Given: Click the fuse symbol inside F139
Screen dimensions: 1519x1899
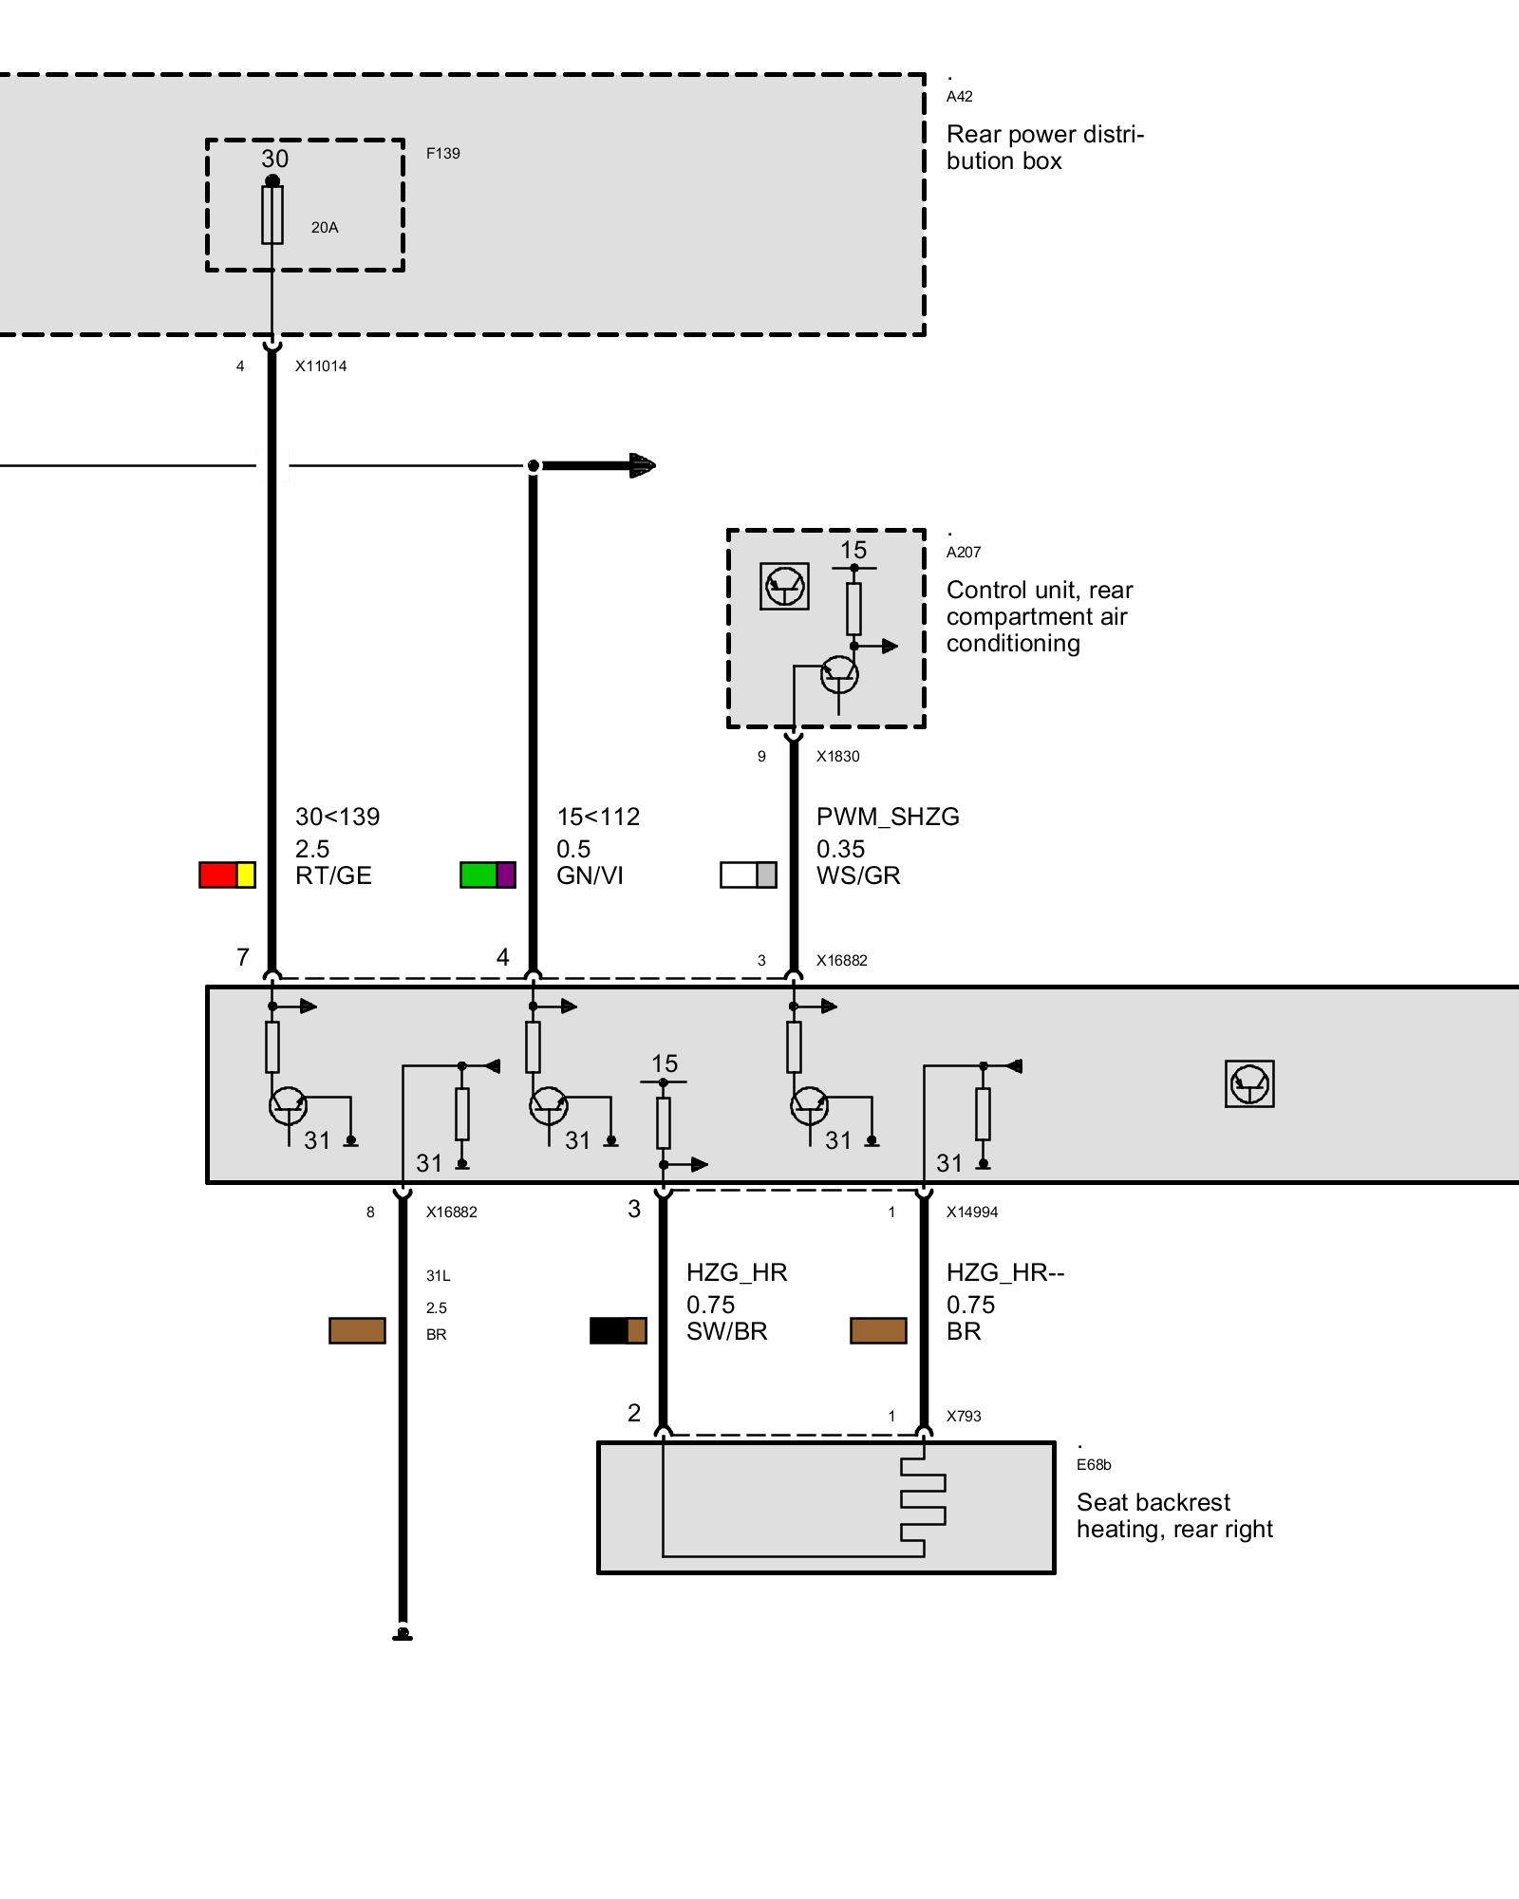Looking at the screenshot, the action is tap(272, 214).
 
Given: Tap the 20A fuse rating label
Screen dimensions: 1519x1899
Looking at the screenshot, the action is tap(325, 228).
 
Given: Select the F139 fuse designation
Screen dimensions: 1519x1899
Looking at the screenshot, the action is tap(442, 153).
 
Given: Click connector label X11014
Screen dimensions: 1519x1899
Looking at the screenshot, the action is tap(321, 367).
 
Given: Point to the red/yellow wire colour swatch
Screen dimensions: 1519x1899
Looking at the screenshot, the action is tap(227, 874).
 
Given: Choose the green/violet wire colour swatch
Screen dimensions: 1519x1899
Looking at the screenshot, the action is tap(488, 874).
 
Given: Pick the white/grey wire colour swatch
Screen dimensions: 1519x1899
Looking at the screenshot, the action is tap(748, 874).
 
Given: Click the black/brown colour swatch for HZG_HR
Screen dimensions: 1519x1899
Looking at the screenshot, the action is tap(618, 1330).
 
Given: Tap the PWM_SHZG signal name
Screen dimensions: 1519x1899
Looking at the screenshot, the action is tap(888, 817).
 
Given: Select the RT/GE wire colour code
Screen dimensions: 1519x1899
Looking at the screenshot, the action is tap(333, 875).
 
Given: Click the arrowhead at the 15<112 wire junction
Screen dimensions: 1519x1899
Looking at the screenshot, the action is tap(643, 465).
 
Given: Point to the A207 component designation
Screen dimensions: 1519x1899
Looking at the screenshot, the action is tap(964, 553).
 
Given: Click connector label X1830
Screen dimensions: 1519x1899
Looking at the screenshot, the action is tap(837, 757).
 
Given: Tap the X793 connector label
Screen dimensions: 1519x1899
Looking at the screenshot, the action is tap(964, 1417).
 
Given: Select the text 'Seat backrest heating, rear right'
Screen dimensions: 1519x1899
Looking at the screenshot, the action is tap(1174, 1515).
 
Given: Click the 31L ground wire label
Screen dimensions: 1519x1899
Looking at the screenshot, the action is tap(438, 1276).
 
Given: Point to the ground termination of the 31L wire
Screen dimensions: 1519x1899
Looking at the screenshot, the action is tap(403, 1634).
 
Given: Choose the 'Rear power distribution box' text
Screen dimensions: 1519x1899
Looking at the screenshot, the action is tap(1045, 147).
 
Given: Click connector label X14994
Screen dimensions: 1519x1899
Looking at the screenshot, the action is tap(972, 1213).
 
